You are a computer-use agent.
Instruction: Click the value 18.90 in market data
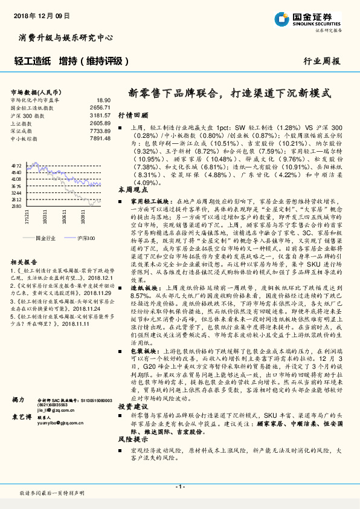(103, 100)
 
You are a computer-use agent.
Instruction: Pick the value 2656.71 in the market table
(101, 107)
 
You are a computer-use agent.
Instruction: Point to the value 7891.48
(101, 138)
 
